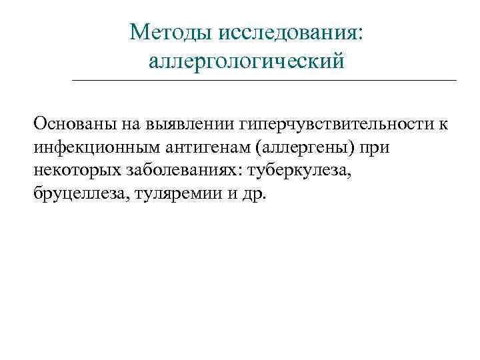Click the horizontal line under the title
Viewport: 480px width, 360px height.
263,81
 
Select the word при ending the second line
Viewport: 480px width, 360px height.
376,147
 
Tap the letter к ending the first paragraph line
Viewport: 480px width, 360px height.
443,123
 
